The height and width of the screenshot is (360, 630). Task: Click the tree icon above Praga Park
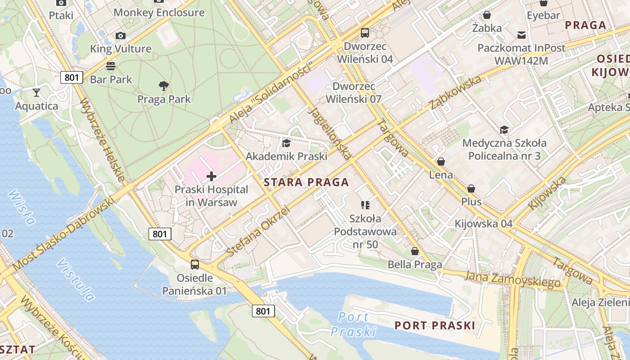[164, 85]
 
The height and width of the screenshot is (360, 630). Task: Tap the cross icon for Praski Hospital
[211, 176]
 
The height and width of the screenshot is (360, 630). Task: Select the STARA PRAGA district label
[306, 182]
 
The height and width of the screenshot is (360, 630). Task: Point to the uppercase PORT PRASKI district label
[435, 325]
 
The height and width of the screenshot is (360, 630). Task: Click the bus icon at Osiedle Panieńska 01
[194, 265]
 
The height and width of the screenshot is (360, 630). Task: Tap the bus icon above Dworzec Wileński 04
[364, 33]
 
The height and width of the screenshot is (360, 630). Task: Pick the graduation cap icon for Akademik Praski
[286, 143]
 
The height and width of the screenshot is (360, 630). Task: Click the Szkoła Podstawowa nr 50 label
[365, 231]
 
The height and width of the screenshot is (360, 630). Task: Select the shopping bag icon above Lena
[441, 162]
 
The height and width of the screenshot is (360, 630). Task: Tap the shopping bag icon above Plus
[471, 189]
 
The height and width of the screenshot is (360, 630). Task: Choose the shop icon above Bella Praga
[414, 251]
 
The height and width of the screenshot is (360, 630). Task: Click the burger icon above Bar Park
[111, 66]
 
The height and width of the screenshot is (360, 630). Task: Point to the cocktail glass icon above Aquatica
[36, 93]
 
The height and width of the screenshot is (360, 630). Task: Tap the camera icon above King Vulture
[120, 36]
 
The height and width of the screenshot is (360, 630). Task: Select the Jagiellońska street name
[330, 134]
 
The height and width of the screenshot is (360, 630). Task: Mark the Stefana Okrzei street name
[257, 232]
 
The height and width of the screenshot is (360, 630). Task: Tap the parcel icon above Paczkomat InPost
[522, 35]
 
